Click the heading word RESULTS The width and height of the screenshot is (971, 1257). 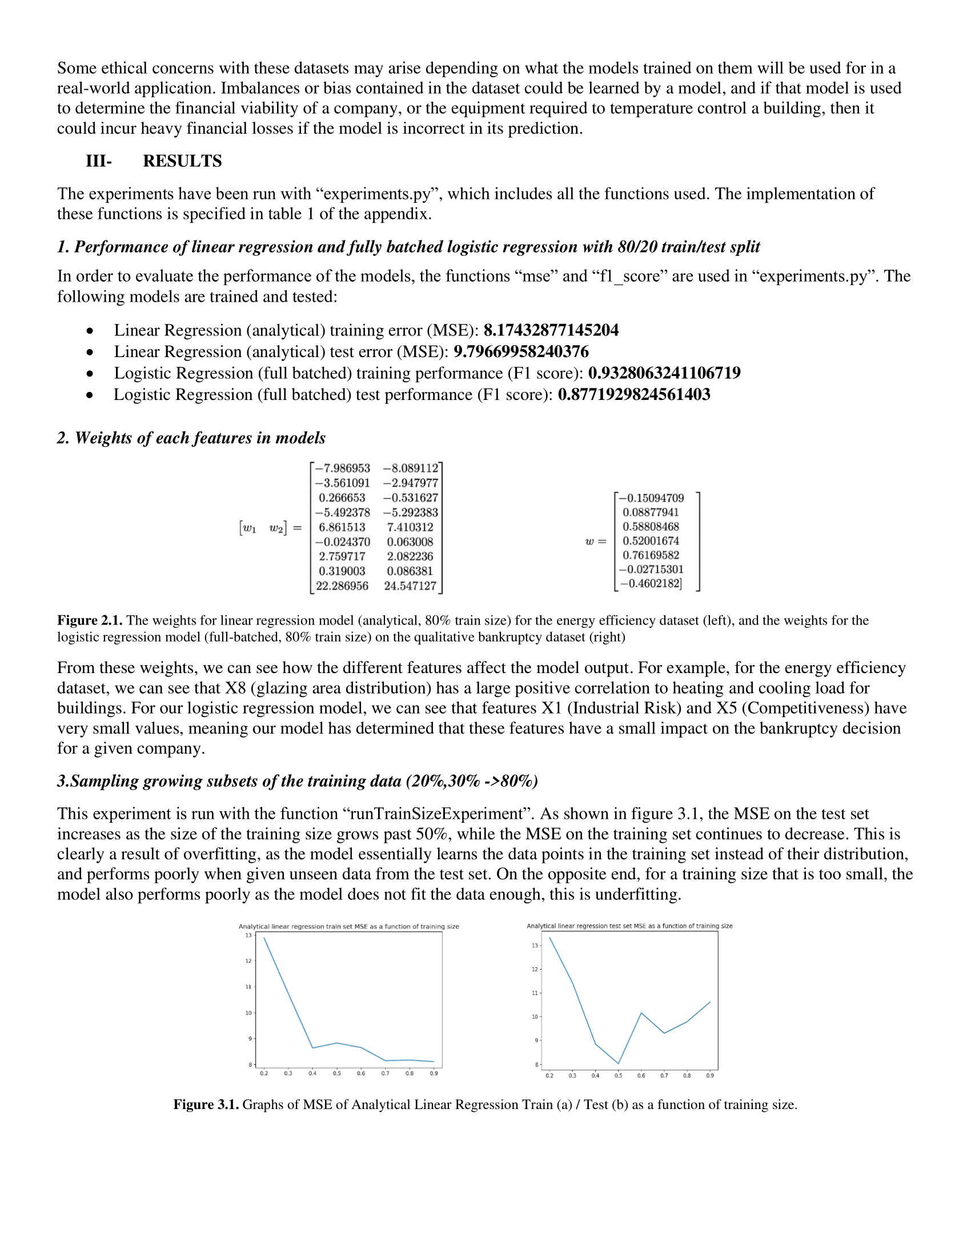point(182,161)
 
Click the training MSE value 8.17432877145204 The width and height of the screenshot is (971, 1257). point(551,330)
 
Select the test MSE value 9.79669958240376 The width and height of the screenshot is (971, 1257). point(520,351)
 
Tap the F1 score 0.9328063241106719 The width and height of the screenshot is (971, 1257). point(664,373)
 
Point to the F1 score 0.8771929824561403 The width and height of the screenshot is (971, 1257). point(634,395)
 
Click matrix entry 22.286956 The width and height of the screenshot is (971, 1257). point(342,586)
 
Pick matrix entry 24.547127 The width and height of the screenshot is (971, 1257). point(410,586)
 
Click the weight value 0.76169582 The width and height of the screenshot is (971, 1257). point(651,555)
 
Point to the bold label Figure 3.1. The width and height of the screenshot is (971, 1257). point(206,1105)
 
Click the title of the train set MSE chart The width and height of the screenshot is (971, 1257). point(348,927)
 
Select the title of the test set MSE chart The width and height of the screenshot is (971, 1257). point(629,926)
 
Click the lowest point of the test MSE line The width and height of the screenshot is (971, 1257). point(619,1064)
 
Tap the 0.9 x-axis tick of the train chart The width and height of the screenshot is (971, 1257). point(434,1074)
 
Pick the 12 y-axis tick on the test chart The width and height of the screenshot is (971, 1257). point(535,969)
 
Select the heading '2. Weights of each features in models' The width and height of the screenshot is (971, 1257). point(191,438)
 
